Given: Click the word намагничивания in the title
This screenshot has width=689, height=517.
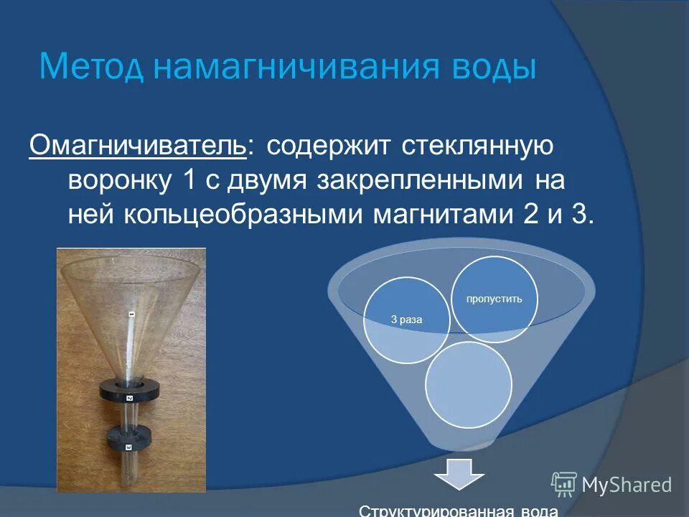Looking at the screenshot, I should [291, 67].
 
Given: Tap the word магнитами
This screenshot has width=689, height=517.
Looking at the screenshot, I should [439, 214].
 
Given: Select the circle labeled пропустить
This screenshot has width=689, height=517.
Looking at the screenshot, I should [494, 299].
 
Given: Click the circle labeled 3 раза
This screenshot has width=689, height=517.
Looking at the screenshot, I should [406, 320].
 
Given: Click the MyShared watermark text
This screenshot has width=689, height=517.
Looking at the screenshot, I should [627, 485].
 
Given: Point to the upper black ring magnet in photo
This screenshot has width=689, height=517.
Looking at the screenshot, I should [130, 391].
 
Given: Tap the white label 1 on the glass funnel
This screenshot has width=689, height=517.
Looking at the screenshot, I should [131, 315].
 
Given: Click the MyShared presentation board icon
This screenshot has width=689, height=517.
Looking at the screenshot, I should [564, 484].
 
